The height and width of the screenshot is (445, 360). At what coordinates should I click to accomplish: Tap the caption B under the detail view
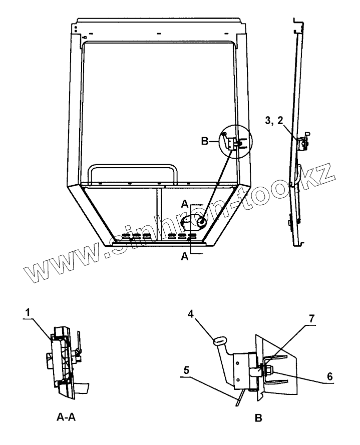click(x=258, y=417)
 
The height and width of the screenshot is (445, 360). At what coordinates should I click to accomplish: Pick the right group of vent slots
click(x=178, y=235)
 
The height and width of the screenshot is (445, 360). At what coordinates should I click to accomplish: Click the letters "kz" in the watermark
click(x=318, y=176)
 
